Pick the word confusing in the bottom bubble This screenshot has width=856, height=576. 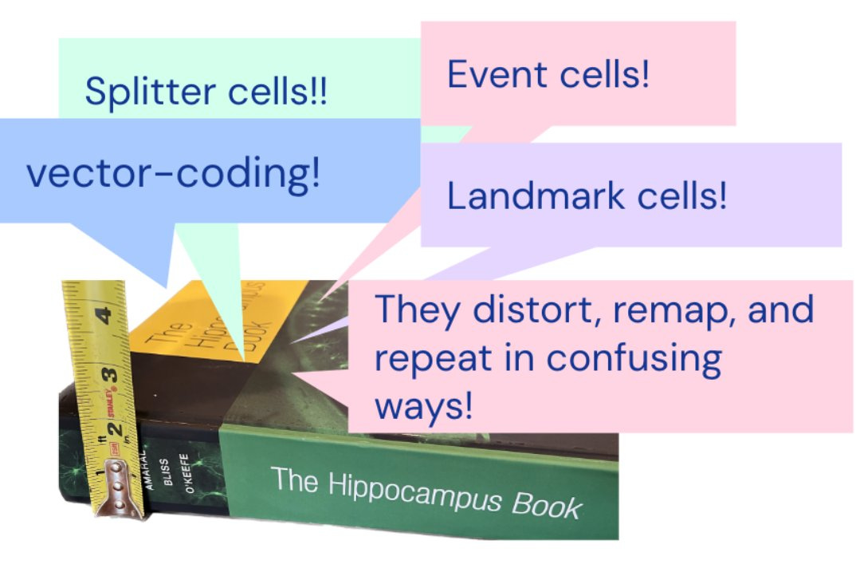pos(634,358)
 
